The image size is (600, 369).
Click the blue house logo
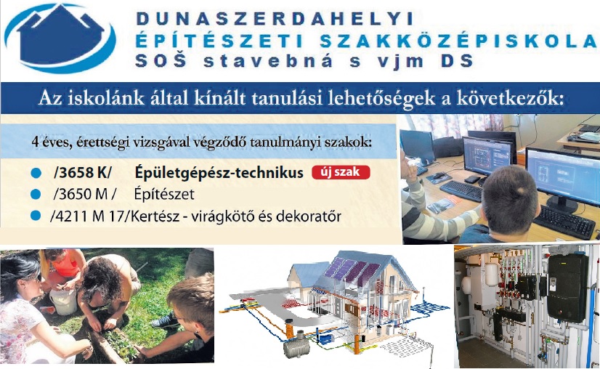tap(60, 38)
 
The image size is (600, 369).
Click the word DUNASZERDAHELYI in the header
tap(275, 19)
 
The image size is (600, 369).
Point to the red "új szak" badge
tap(341, 172)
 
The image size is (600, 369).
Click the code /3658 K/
tap(83, 173)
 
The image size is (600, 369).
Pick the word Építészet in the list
tap(164, 194)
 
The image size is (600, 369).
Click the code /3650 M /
tap(84, 195)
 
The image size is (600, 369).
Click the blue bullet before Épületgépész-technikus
tap(36, 174)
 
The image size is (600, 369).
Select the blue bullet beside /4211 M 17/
tap(36, 216)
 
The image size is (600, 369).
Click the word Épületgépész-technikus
tap(219, 173)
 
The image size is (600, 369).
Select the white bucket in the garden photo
tap(63, 301)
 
